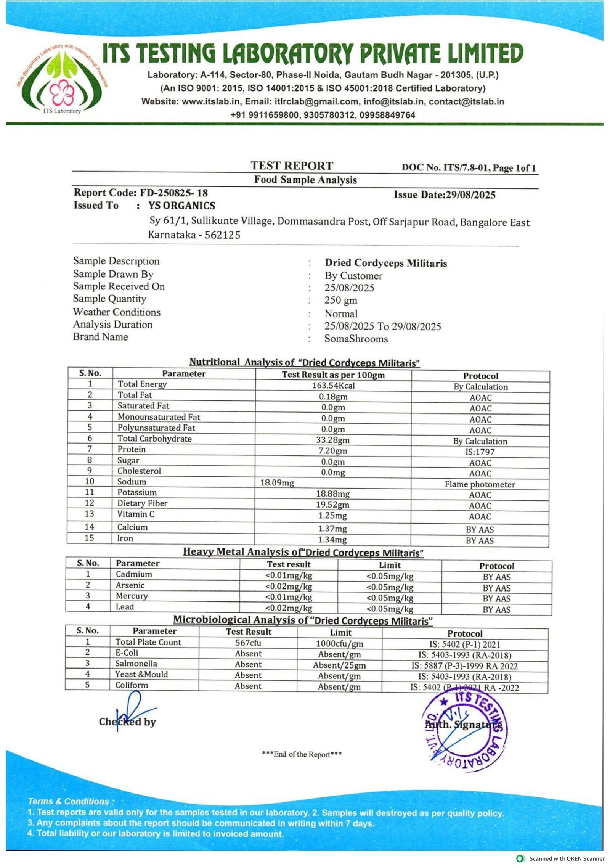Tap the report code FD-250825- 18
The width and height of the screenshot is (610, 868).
pyautogui.click(x=173, y=193)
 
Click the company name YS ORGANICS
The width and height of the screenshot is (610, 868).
pyautogui.click(x=182, y=206)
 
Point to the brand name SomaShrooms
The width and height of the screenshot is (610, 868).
pyautogui.click(x=356, y=339)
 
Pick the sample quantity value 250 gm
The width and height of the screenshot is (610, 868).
pyautogui.click(x=341, y=300)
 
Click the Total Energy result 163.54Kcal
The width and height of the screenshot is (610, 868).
pyautogui.click(x=333, y=386)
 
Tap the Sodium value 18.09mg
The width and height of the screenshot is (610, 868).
pyautogui.click(x=277, y=483)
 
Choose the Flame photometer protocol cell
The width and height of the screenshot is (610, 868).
pyautogui.click(x=480, y=484)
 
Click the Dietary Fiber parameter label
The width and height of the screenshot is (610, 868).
pyautogui.click(x=142, y=503)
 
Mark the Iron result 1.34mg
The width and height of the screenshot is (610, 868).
pyautogui.click(x=332, y=540)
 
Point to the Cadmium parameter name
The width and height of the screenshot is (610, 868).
pyautogui.click(x=134, y=574)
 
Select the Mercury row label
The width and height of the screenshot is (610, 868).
pyautogui.click(x=132, y=596)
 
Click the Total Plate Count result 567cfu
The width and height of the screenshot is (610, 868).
pyautogui.click(x=248, y=643)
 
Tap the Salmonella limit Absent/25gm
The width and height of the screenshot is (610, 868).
pyautogui.click(x=339, y=665)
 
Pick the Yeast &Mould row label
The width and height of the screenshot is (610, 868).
pyautogui.click(x=141, y=674)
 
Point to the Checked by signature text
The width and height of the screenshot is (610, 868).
pyautogui.click(x=127, y=722)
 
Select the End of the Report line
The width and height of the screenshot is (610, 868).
pyautogui.click(x=302, y=754)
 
